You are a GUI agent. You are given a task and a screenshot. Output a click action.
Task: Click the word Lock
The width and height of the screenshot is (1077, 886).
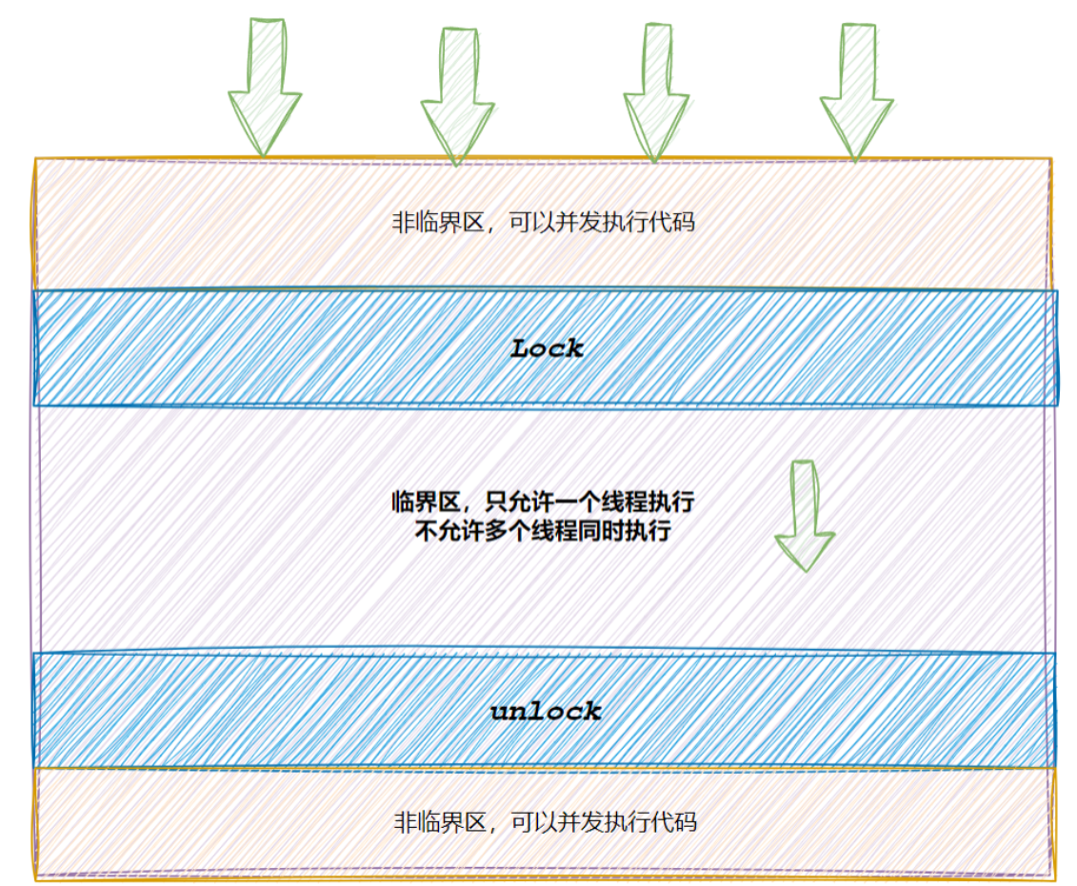point(547,348)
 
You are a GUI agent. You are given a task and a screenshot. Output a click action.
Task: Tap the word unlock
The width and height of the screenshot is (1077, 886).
point(546,711)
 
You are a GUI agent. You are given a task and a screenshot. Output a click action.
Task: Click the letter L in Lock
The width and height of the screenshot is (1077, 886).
point(521,348)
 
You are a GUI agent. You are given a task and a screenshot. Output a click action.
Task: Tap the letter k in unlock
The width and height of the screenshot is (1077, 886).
point(592,711)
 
